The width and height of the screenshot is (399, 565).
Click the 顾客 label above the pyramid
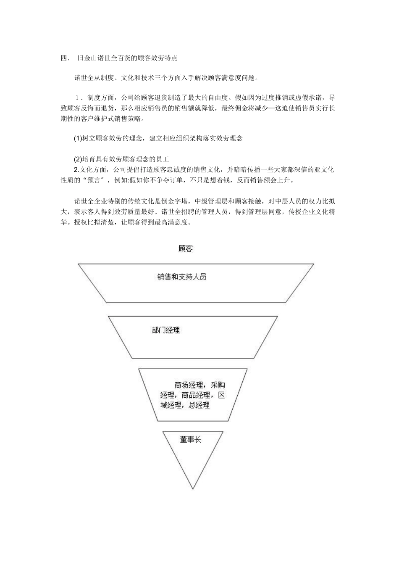pyautogui.click(x=185, y=248)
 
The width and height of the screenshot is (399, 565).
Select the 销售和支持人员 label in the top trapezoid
pyautogui.click(x=182, y=277)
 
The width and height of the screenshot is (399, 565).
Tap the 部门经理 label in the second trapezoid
pyautogui.click(x=166, y=330)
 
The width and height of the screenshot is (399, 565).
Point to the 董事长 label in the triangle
pyautogui.click(x=191, y=440)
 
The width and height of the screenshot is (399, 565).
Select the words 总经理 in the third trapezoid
pyautogui.click(x=199, y=405)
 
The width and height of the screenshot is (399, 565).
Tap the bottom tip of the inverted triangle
pyautogui.click(x=193, y=488)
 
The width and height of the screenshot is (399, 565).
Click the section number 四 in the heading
pyautogui.click(x=63, y=58)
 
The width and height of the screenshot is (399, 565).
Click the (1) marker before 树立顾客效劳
pyautogui.click(x=78, y=138)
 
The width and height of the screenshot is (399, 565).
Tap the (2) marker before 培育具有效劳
pyautogui.click(x=78, y=159)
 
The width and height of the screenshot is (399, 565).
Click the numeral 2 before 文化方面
pyautogui.click(x=76, y=170)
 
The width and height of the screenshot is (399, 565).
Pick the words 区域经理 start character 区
pyautogui.click(x=222, y=395)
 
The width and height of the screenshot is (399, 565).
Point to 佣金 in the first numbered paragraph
pyautogui.click(x=246, y=108)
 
